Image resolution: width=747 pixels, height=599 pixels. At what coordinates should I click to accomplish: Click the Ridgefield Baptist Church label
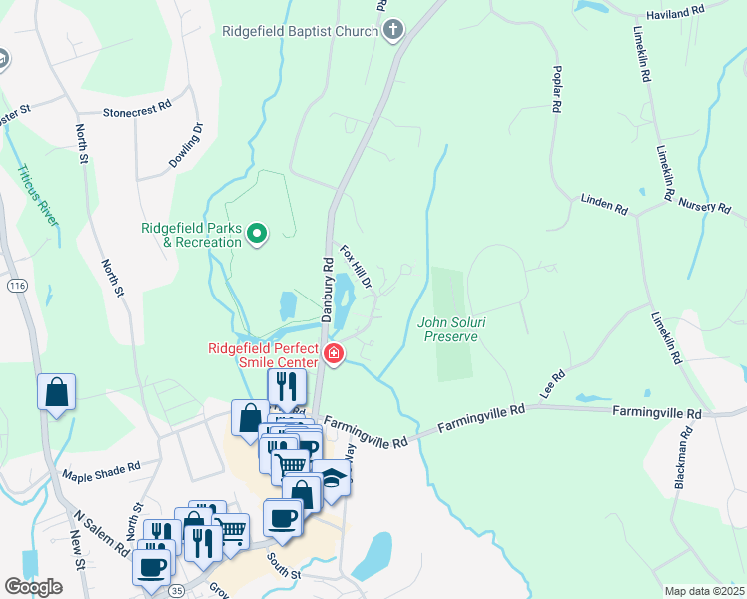pyautogui.click(x=300, y=31)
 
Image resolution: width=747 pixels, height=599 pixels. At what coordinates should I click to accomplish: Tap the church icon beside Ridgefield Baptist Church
pyautogui.click(x=392, y=31)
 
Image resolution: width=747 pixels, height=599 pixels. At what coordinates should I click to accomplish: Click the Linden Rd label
pyautogui.click(x=605, y=204)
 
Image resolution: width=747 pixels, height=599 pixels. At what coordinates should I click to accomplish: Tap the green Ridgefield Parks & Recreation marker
pyautogui.click(x=257, y=235)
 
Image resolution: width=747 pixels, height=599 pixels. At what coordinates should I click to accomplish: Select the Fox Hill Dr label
pyautogui.click(x=356, y=268)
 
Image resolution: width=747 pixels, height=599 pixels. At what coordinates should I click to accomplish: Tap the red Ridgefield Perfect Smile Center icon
pyautogui.click(x=332, y=354)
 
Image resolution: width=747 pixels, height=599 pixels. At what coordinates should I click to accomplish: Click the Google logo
pyautogui.click(x=33, y=587)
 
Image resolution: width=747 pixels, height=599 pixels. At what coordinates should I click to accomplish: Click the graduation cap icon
pyautogui.click(x=333, y=477)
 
